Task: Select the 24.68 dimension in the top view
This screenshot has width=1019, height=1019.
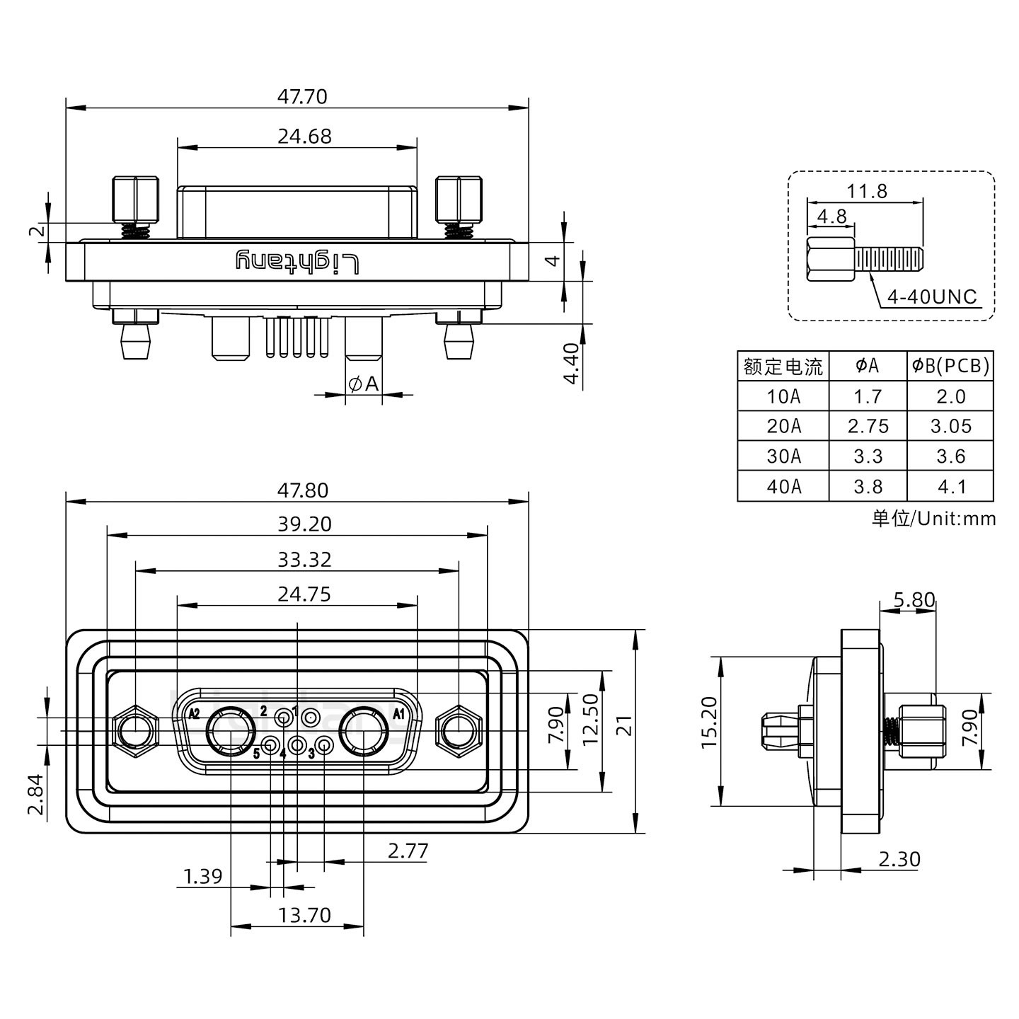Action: point(304,136)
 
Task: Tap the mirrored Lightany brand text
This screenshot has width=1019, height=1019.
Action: point(297,263)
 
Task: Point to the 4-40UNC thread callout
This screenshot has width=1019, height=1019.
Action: point(932,297)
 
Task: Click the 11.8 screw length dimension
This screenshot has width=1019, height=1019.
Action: point(867,191)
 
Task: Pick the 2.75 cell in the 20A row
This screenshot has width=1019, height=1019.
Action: point(868,427)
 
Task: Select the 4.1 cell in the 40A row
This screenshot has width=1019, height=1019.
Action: point(950,487)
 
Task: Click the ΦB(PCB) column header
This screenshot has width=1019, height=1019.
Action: point(950,366)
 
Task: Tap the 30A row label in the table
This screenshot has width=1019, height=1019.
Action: point(783,456)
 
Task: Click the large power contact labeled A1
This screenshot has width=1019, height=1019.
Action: point(364,731)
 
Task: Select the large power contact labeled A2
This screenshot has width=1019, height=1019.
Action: point(231,731)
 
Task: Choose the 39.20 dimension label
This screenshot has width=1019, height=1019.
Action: point(305,524)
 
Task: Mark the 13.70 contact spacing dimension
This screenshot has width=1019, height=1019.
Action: point(304,915)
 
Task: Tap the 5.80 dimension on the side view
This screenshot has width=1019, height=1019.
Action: point(914,600)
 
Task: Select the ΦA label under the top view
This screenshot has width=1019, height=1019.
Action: point(364,384)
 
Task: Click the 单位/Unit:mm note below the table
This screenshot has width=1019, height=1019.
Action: point(933,519)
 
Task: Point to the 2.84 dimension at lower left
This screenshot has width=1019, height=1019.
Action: point(36,794)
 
